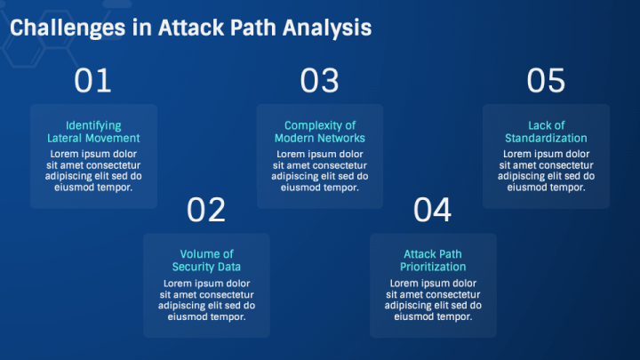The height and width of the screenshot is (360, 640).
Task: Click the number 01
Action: coord(93,81)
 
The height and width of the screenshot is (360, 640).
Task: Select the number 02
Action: coord(206,211)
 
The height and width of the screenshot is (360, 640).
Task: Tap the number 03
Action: coord(319,81)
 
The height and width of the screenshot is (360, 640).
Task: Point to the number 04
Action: coord(433,211)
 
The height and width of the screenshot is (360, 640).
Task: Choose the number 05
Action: coord(546,81)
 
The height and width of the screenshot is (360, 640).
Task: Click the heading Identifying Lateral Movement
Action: coord(93,132)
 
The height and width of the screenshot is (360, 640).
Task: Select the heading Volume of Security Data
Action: coord(206,260)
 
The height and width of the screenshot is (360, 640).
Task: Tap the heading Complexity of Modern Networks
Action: coord(319,132)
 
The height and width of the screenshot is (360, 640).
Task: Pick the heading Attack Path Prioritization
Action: coord(433,260)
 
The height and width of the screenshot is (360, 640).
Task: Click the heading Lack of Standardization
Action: coord(546,132)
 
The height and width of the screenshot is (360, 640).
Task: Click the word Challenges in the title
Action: coord(67,28)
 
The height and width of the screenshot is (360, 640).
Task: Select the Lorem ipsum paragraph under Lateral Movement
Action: coord(93,170)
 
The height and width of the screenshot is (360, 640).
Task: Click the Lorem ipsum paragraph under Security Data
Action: coord(206,300)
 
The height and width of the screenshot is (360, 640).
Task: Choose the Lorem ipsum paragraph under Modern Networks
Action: coord(319,170)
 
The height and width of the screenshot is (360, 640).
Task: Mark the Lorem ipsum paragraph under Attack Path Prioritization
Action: coord(433,300)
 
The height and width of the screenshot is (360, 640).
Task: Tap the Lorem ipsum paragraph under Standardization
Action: coord(546,170)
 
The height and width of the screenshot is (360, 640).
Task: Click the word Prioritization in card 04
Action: coord(433,267)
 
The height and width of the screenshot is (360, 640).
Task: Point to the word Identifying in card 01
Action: coord(93,125)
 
